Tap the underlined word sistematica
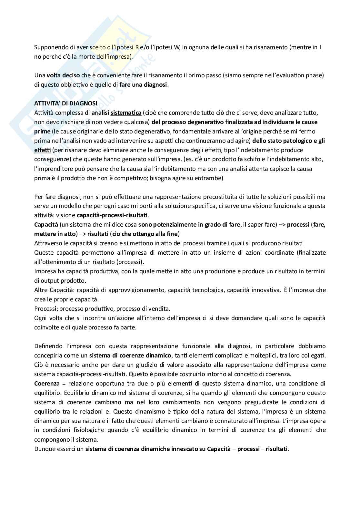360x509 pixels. tap(126, 113)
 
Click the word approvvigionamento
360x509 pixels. tap(137, 290)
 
